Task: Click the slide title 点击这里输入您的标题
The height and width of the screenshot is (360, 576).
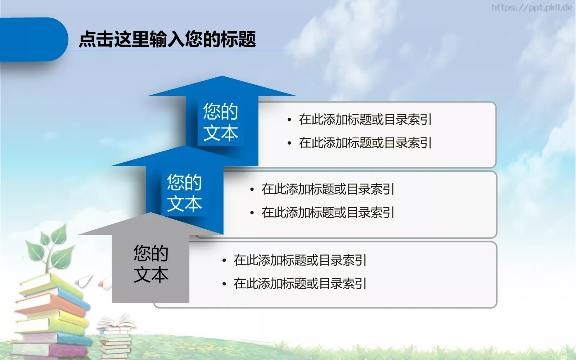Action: click(167, 39)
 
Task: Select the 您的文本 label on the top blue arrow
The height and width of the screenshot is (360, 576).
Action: click(221, 122)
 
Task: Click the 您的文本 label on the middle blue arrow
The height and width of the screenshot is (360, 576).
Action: click(184, 193)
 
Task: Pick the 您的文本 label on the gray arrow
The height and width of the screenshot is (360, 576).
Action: click(151, 264)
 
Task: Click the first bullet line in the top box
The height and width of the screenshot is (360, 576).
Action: click(365, 120)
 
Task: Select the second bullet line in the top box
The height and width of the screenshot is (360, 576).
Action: click(365, 143)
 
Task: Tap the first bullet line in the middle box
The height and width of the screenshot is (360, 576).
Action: click(328, 189)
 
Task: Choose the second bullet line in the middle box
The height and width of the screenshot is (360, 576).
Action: click(328, 212)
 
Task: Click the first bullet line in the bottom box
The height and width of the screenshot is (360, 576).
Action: click(300, 260)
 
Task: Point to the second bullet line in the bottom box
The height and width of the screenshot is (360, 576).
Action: click(300, 284)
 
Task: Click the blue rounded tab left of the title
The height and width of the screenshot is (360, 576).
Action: click(32, 39)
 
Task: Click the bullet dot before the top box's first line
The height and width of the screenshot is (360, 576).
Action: click(289, 120)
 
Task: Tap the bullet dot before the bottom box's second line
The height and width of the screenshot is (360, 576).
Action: click(224, 284)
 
